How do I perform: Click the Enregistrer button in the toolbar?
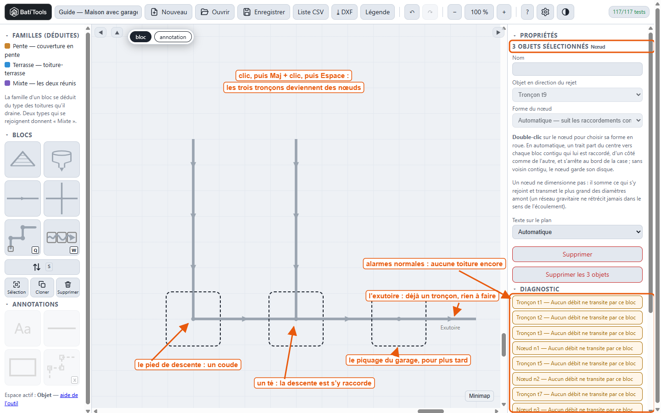point(263,12)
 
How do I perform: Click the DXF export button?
point(344,12)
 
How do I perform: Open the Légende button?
point(377,12)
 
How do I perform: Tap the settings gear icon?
point(545,12)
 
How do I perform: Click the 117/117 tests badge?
point(629,12)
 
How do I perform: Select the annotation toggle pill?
point(173,37)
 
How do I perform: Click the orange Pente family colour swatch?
point(7,46)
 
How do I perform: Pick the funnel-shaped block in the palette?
point(62,160)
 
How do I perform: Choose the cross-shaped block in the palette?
point(62,199)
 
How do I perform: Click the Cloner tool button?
point(42,287)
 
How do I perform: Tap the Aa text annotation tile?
point(23,328)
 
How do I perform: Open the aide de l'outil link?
point(41,399)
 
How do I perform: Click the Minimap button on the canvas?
point(480,396)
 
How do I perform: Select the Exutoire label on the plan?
point(450,328)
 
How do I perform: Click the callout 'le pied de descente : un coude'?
point(188,365)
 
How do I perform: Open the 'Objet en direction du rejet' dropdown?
point(577,95)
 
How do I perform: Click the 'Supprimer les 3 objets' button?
point(577,274)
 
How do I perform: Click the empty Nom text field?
point(577,69)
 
